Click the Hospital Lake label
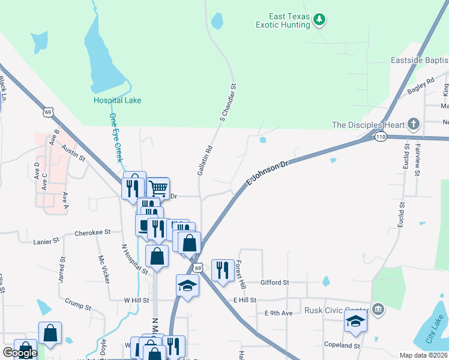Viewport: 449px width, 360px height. [x=117, y=100]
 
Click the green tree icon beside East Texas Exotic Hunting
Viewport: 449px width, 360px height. [x=320, y=20]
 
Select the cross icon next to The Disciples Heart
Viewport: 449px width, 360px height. [x=413, y=125]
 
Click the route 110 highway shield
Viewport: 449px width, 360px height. [x=381, y=137]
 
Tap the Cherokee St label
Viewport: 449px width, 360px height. [x=92, y=232]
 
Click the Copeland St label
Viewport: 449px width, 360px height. [x=341, y=346]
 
